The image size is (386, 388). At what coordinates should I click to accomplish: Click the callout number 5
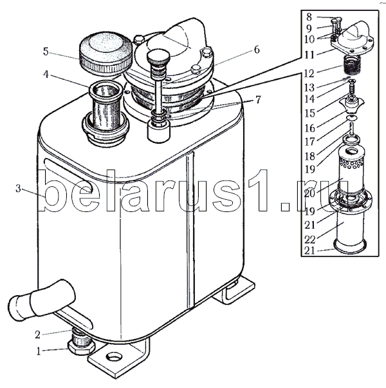tap(46, 52)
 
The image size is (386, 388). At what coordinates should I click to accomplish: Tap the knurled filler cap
tap(106, 53)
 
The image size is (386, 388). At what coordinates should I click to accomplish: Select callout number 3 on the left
tap(18, 189)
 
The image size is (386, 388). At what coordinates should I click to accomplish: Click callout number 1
tap(39, 351)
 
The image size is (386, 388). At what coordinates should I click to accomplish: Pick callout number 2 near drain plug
tap(37, 335)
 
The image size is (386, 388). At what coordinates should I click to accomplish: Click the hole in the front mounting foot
tap(114, 357)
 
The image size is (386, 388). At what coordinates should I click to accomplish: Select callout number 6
tap(257, 50)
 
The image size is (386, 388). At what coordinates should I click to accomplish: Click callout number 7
tap(257, 100)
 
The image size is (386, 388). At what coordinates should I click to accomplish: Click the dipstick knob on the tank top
tap(158, 57)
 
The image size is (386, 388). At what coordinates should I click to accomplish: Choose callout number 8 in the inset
tap(309, 17)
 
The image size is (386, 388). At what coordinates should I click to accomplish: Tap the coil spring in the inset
tap(351, 66)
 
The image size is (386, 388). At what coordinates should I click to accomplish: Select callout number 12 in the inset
tap(309, 73)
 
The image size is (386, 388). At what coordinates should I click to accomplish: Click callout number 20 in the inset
tap(309, 193)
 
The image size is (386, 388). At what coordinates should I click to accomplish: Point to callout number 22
tap(309, 239)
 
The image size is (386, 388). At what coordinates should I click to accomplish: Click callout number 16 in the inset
tap(309, 128)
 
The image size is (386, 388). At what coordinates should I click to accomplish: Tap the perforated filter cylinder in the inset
tap(351, 171)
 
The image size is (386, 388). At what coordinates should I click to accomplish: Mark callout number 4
tap(46, 74)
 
